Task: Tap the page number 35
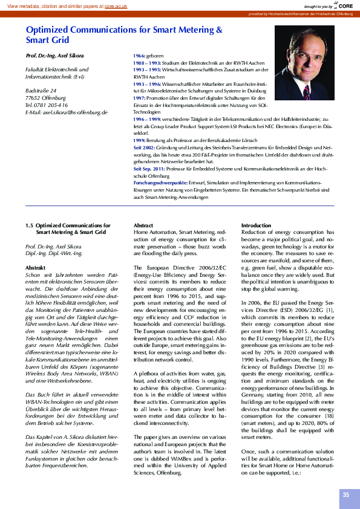click(x=346, y=494)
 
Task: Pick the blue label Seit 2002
click(x=144, y=148)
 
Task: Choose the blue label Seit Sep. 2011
click(x=149, y=169)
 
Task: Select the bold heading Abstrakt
click(x=36, y=267)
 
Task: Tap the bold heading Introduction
click(x=257, y=225)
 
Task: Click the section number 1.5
click(x=29, y=225)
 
